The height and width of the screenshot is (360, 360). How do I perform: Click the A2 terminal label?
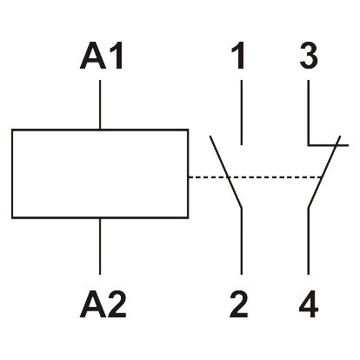103,304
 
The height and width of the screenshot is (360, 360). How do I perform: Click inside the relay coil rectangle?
100,174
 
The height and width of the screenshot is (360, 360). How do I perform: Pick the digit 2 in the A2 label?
116,304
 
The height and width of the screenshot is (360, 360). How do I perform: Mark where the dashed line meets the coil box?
189,177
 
